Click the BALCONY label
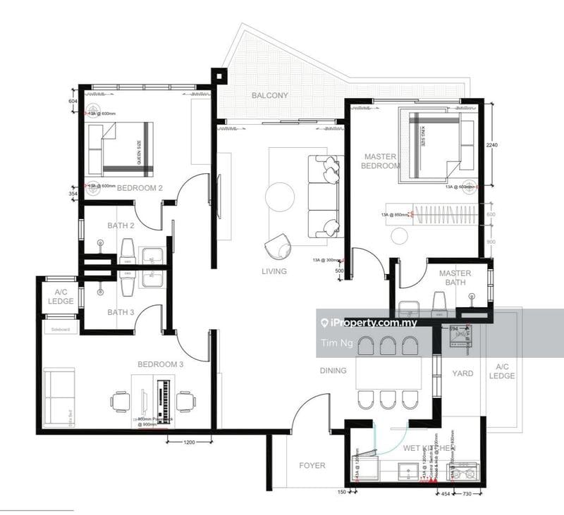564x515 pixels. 269,96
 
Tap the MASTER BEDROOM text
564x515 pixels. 381,161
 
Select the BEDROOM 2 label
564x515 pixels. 140,188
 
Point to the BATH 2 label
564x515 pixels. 121,225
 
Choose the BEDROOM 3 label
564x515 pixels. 160,364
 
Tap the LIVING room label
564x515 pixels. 274,271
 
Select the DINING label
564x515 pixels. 333,371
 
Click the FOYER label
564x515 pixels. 312,466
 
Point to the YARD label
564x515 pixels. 462,373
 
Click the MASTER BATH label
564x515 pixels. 455,278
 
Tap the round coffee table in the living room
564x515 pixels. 280,196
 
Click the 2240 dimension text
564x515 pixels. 492,145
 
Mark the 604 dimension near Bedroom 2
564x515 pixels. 71,101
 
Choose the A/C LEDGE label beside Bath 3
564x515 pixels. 61,297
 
